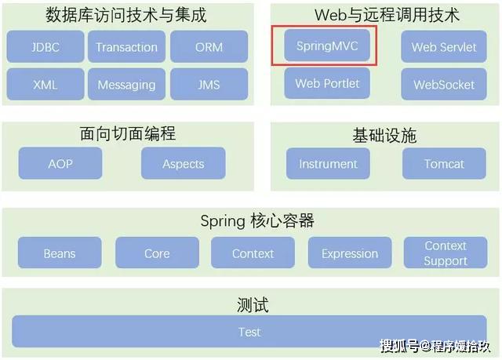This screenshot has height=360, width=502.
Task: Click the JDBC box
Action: pos(45,47)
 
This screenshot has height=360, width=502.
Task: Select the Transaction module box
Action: pos(127,47)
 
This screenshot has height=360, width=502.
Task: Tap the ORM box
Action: pos(209,47)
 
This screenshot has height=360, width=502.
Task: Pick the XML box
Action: pos(45,84)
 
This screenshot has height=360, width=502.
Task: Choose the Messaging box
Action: pos(127,84)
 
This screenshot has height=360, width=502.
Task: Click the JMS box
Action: pos(209,84)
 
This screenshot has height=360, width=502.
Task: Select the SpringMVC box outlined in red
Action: pos(327,45)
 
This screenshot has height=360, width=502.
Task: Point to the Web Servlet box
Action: pos(444,47)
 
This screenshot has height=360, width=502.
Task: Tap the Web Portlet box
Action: pos(327,83)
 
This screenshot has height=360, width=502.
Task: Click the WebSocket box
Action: pos(444,84)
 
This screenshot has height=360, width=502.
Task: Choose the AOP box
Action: pos(60,163)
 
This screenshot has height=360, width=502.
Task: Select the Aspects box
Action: pos(184,163)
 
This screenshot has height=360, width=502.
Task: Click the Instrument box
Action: pos(328,163)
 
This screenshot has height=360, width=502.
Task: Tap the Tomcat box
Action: pos(445,163)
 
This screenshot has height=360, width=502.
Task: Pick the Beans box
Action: pos(60,253)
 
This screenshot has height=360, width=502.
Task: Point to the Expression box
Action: pos(350,253)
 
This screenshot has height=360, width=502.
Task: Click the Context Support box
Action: pos(446,253)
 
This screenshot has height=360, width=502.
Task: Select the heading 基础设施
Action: pos(384,136)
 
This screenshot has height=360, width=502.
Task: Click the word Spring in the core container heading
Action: pos(223,221)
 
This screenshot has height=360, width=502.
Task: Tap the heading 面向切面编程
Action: pos(128,133)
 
